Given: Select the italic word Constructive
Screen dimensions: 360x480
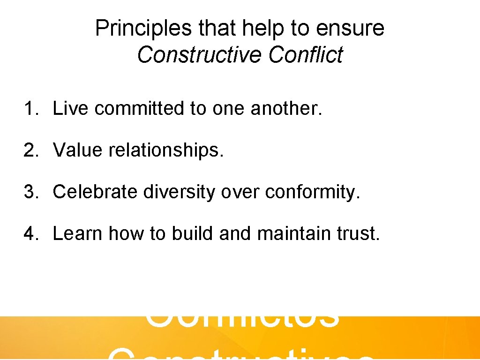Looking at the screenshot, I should (200, 55).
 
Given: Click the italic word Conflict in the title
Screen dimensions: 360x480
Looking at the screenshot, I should (306, 55).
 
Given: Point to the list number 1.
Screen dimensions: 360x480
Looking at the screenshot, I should (30, 109).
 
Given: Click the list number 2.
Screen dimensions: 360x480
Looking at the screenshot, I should (30, 150).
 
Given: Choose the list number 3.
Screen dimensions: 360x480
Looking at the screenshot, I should (30, 192).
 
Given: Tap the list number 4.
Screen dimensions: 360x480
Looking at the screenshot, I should (30, 233).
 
